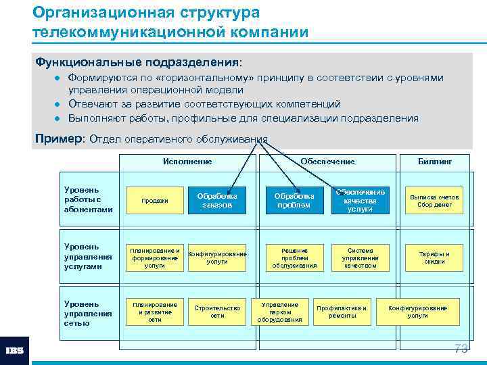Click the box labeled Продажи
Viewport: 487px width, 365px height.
coord(155,201)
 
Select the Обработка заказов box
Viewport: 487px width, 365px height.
coord(217,201)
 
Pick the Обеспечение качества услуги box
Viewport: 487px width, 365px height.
coord(359,201)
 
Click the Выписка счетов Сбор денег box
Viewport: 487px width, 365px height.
coord(434,201)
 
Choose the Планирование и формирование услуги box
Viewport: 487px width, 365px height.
coord(155,258)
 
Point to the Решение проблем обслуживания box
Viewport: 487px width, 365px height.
coord(294,258)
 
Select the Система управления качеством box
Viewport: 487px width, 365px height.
coord(359,258)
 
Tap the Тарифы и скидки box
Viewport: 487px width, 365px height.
coord(434,258)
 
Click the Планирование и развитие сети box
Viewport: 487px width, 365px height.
coord(155,312)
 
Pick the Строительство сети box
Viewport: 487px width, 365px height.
coord(217,312)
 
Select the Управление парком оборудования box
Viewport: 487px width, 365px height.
coord(279,312)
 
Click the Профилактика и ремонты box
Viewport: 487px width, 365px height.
coord(342,312)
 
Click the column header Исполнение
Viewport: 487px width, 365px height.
coord(187,162)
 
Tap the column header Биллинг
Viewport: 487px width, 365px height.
coord(435,162)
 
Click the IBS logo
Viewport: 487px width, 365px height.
coord(14,351)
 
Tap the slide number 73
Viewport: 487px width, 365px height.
coord(461,349)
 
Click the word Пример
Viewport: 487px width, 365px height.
coord(57,139)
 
